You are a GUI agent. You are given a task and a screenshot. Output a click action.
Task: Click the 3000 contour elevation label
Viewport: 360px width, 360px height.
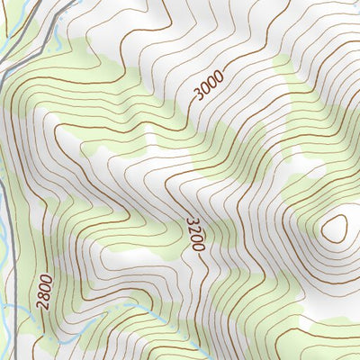pos(208,88)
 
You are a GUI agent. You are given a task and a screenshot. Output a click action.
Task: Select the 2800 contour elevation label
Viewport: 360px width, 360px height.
pos(46,292)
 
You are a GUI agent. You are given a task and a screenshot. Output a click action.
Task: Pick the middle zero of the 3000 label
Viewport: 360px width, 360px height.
pos(211,85)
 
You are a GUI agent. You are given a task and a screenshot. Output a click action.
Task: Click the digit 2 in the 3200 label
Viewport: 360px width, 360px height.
pos(193,229)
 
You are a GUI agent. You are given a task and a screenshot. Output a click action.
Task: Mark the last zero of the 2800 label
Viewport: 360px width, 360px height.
pos(49,279)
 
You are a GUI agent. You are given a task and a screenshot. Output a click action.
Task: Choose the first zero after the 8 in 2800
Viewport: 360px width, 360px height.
pos(47,287)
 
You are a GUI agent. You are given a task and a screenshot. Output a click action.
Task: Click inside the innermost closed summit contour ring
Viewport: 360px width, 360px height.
pos(335,229)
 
